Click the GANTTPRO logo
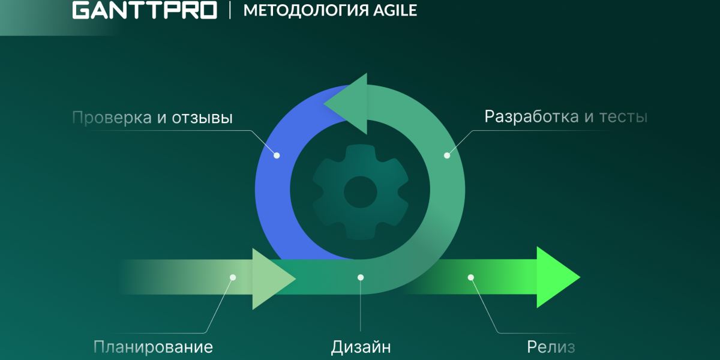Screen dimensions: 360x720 pos(144,11)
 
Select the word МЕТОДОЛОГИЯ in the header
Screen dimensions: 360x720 pos(300,11)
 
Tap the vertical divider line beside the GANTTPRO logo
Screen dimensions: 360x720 pos(230,11)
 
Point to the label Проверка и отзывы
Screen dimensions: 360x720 pos(152,118)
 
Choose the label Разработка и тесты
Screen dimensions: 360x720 pos(566,116)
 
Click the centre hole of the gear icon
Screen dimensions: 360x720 pos(360,193)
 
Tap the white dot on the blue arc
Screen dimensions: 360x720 pos(277,155)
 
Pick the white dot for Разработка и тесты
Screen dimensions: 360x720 pos(446,155)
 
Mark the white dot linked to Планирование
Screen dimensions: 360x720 pos(233,277)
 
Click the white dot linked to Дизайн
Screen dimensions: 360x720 pos(361,277)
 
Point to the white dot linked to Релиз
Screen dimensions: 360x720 pos(471,277)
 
